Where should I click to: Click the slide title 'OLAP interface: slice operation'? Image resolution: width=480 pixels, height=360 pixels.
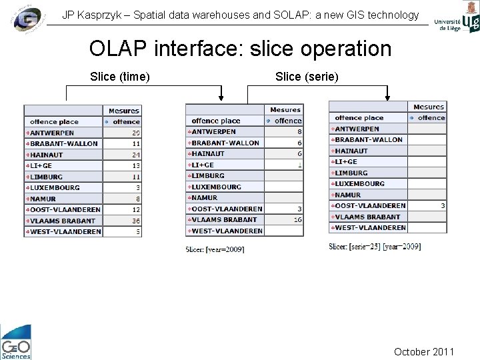[x=240, y=49]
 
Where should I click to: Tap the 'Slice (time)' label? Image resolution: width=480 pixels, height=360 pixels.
[x=119, y=77]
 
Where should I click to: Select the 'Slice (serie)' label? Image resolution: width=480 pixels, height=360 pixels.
[x=307, y=77]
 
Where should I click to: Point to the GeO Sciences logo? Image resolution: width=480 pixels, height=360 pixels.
[x=15, y=342]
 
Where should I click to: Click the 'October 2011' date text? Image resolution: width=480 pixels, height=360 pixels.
[x=424, y=351]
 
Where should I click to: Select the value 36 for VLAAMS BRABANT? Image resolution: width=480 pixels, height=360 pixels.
[x=136, y=221]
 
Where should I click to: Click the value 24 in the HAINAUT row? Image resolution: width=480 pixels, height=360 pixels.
[x=136, y=155]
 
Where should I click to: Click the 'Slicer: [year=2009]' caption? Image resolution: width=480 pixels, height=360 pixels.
[x=215, y=249]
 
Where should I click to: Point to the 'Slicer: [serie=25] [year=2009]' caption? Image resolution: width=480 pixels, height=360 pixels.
[x=375, y=247]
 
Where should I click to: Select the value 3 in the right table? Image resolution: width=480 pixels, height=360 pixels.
[x=443, y=206]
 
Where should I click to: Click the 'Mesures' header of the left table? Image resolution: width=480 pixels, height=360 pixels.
[x=123, y=111]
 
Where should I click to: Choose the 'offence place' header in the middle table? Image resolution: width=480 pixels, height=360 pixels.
[x=216, y=121]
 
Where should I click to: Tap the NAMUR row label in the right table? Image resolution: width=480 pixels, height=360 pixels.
[x=348, y=195]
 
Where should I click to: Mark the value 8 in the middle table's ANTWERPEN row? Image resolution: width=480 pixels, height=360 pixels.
[x=299, y=132]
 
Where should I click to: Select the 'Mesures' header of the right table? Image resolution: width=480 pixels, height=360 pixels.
[x=428, y=107]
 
